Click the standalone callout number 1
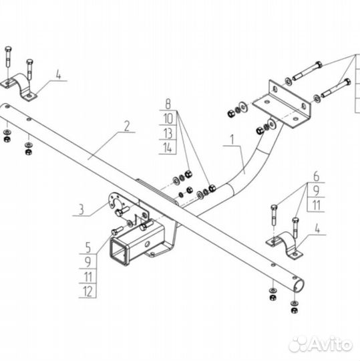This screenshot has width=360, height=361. coord(232,140)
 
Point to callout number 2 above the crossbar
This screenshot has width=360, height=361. coord(127,126)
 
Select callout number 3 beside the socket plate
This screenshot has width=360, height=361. coord(81,210)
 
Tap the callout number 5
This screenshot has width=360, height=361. coord(88,247)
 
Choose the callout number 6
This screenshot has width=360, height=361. coord(317,176)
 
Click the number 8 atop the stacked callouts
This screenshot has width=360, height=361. coord(168,104)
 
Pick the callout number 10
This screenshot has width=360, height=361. coord(168,118)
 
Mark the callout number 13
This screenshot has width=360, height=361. coord(168,133)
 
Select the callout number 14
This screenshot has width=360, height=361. coord(168,147)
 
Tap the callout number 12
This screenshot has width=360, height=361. coord(87,291)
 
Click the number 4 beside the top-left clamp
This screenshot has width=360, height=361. coord(59,74)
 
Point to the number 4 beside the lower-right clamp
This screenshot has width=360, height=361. coord(317,229)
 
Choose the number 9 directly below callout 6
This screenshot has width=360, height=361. coord(317,191)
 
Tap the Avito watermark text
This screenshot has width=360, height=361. coord(331,345)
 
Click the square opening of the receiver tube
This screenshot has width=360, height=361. coord(119,251)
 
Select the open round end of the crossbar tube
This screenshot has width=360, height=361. coord(299,285)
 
